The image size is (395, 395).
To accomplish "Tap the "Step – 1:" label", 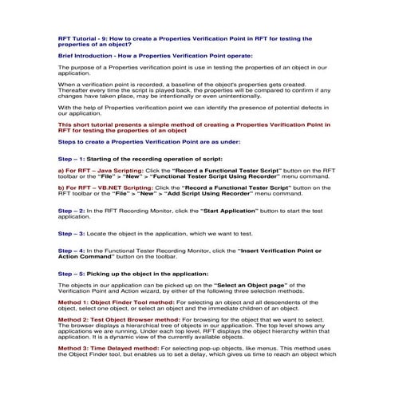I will (x=74, y=160).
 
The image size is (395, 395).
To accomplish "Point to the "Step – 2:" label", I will (x=74, y=210).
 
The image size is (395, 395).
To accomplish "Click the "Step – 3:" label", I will (x=74, y=233).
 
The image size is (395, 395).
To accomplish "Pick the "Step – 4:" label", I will (x=74, y=251).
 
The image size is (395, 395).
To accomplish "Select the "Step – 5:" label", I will (x=74, y=274).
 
